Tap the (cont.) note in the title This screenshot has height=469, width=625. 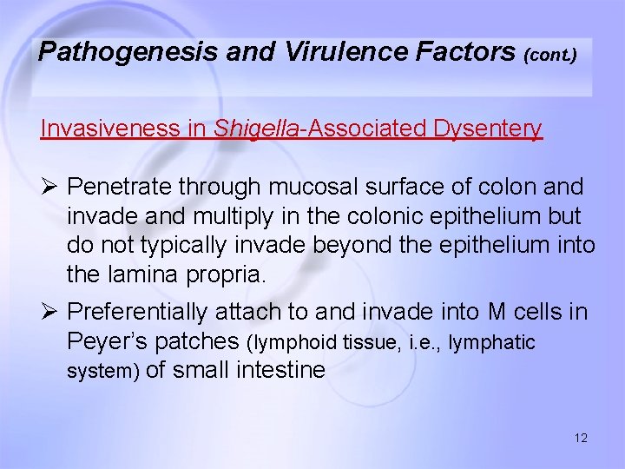pos(549,55)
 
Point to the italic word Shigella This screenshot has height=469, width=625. pos(256,129)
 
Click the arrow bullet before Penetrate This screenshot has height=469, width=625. pos(49,187)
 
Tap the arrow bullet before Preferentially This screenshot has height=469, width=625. pos(49,311)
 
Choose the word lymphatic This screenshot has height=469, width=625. pos(491,343)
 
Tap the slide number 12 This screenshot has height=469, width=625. pos(581,438)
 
